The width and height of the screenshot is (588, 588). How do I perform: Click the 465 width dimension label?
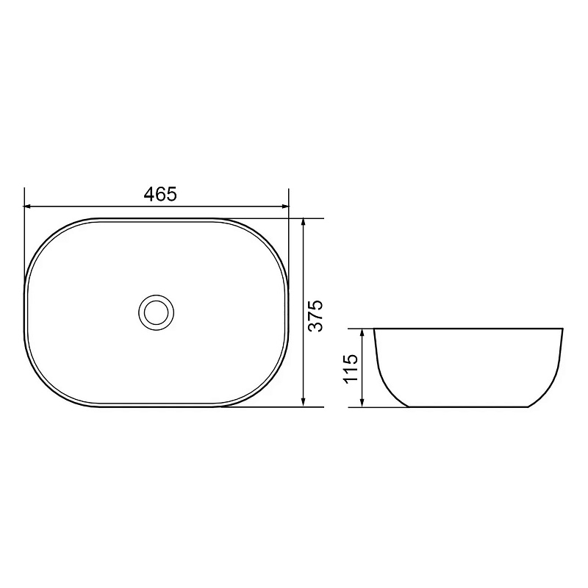(160, 194)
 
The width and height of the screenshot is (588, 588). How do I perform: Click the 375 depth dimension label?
(315, 315)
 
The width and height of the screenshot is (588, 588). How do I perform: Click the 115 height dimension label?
(351, 368)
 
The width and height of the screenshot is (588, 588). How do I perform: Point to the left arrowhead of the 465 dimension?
(27, 206)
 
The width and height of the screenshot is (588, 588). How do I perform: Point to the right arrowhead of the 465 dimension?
(285, 206)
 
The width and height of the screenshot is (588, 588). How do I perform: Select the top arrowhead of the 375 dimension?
(304, 222)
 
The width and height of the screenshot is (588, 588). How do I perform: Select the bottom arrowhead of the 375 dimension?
(304, 403)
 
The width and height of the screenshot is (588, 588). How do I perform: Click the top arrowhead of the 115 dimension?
(362, 333)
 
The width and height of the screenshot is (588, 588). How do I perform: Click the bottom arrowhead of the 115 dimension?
(362, 403)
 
